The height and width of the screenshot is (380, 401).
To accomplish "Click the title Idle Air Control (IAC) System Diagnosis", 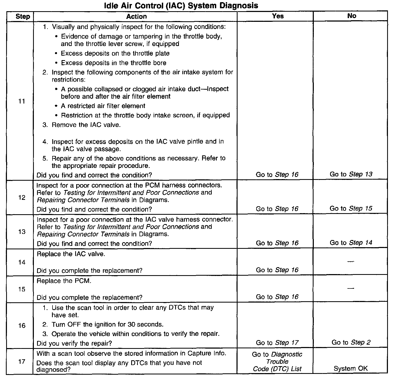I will click(x=181, y=5).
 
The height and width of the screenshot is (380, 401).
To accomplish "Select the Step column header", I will click(x=23, y=16).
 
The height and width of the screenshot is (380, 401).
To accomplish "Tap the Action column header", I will click(x=136, y=16).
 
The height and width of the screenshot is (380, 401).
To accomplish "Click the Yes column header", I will click(x=278, y=16).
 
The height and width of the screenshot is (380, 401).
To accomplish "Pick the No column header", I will click(x=351, y=16).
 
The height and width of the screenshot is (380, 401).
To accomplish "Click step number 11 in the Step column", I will click(x=22, y=101).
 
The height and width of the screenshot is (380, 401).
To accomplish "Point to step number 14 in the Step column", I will click(x=22, y=262).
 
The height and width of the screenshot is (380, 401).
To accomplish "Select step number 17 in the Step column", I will click(x=22, y=361).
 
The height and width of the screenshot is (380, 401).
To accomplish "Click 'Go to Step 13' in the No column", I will click(x=351, y=174).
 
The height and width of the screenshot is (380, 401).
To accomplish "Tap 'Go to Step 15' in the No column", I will click(x=351, y=208).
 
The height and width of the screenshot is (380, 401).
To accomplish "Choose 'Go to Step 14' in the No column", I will click(x=351, y=243).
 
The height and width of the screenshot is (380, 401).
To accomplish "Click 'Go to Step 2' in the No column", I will click(x=351, y=342).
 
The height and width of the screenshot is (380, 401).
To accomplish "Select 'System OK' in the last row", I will click(x=351, y=369).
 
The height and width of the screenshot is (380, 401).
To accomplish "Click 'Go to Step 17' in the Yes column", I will click(x=277, y=342).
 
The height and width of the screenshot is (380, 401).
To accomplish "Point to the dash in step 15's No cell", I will click(x=351, y=288).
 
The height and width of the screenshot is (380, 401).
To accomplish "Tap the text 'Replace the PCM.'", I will click(x=64, y=281).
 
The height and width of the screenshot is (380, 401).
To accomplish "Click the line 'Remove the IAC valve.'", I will click(x=86, y=125).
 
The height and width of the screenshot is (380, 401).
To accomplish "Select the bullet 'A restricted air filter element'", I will click(x=103, y=106).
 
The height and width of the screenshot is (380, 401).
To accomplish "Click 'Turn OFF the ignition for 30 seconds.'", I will click(x=107, y=324).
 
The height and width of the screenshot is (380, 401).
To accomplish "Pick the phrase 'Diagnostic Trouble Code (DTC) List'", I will click(x=277, y=362).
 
